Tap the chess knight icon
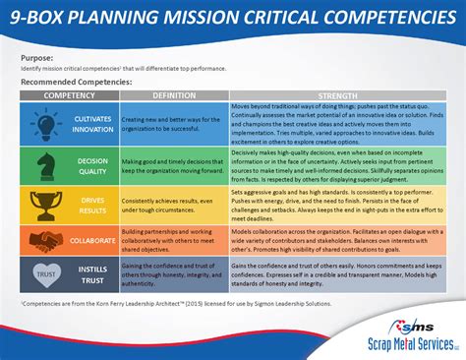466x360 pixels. pos(45,163)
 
